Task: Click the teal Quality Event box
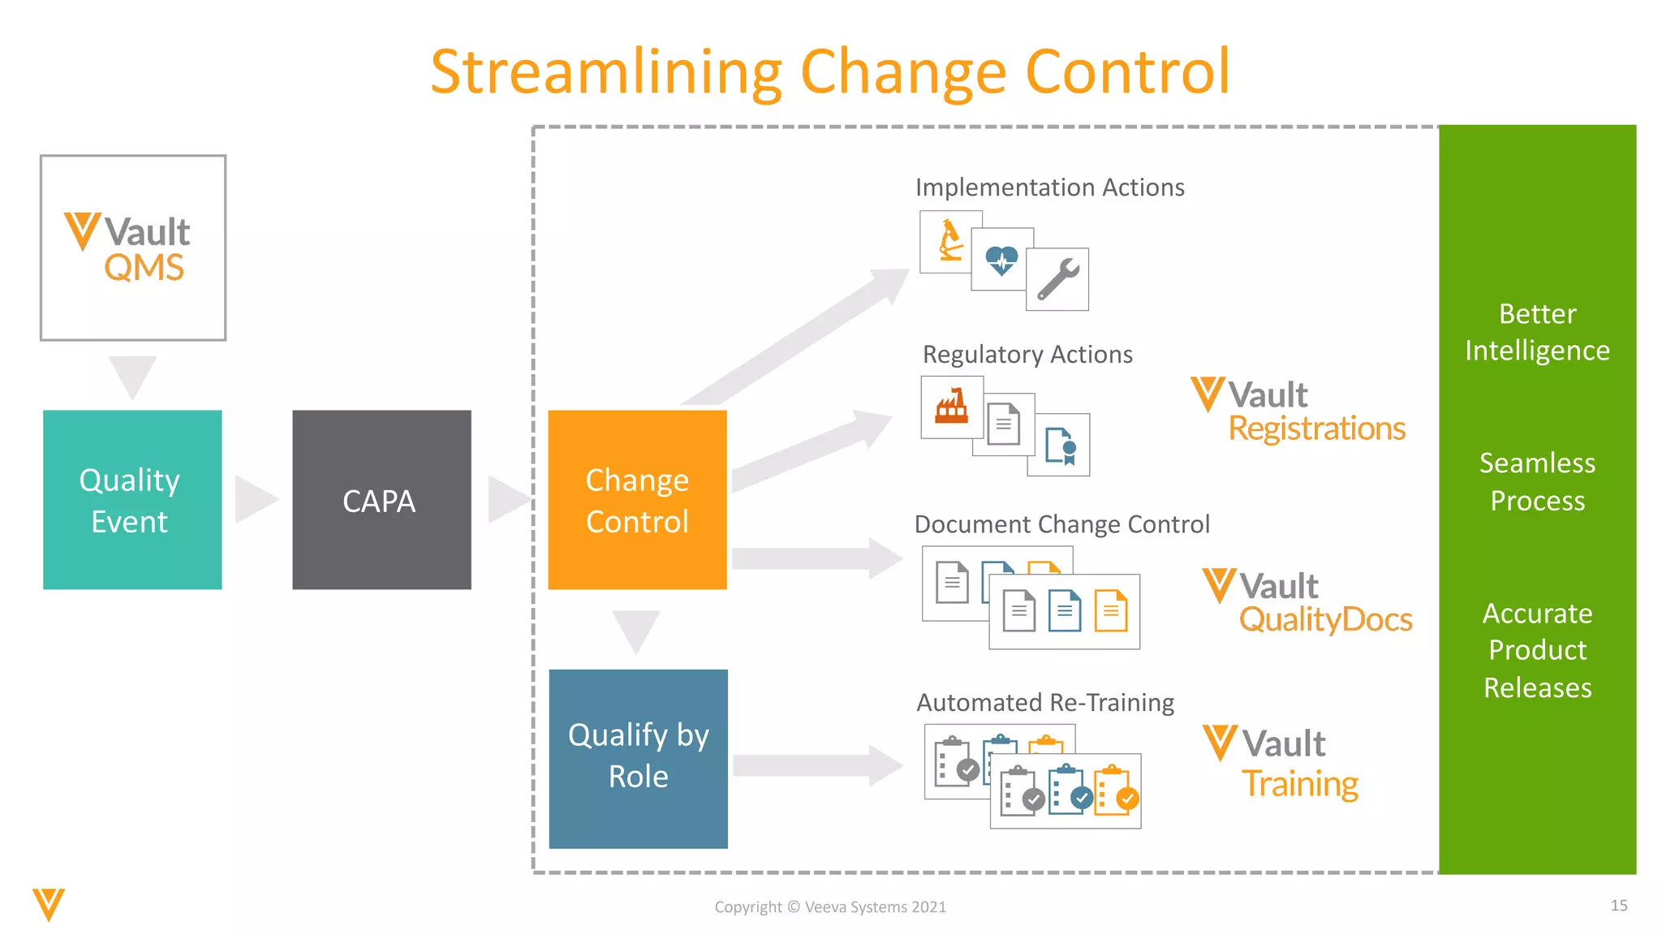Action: click(x=132, y=499)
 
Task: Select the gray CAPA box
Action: click(x=381, y=499)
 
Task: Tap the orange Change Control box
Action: click(x=637, y=499)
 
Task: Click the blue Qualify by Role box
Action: click(x=638, y=758)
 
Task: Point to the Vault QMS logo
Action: click(x=133, y=248)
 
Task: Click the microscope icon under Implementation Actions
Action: click(x=950, y=241)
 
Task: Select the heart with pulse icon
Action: click(x=1001, y=260)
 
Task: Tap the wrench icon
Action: click(x=1057, y=279)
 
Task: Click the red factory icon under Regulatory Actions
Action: click(x=952, y=406)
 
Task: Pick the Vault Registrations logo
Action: click(x=1298, y=411)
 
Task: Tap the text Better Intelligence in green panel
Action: click(x=1537, y=332)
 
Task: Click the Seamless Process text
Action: click(x=1537, y=481)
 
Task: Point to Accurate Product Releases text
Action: click(x=1537, y=650)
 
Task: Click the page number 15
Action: click(x=1618, y=905)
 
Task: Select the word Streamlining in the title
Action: click(x=605, y=73)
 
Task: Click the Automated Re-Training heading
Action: click(x=1045, y=702)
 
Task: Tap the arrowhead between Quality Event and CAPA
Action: click(x=255, y=499)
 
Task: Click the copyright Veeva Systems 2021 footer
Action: click(x=830, y=907)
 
